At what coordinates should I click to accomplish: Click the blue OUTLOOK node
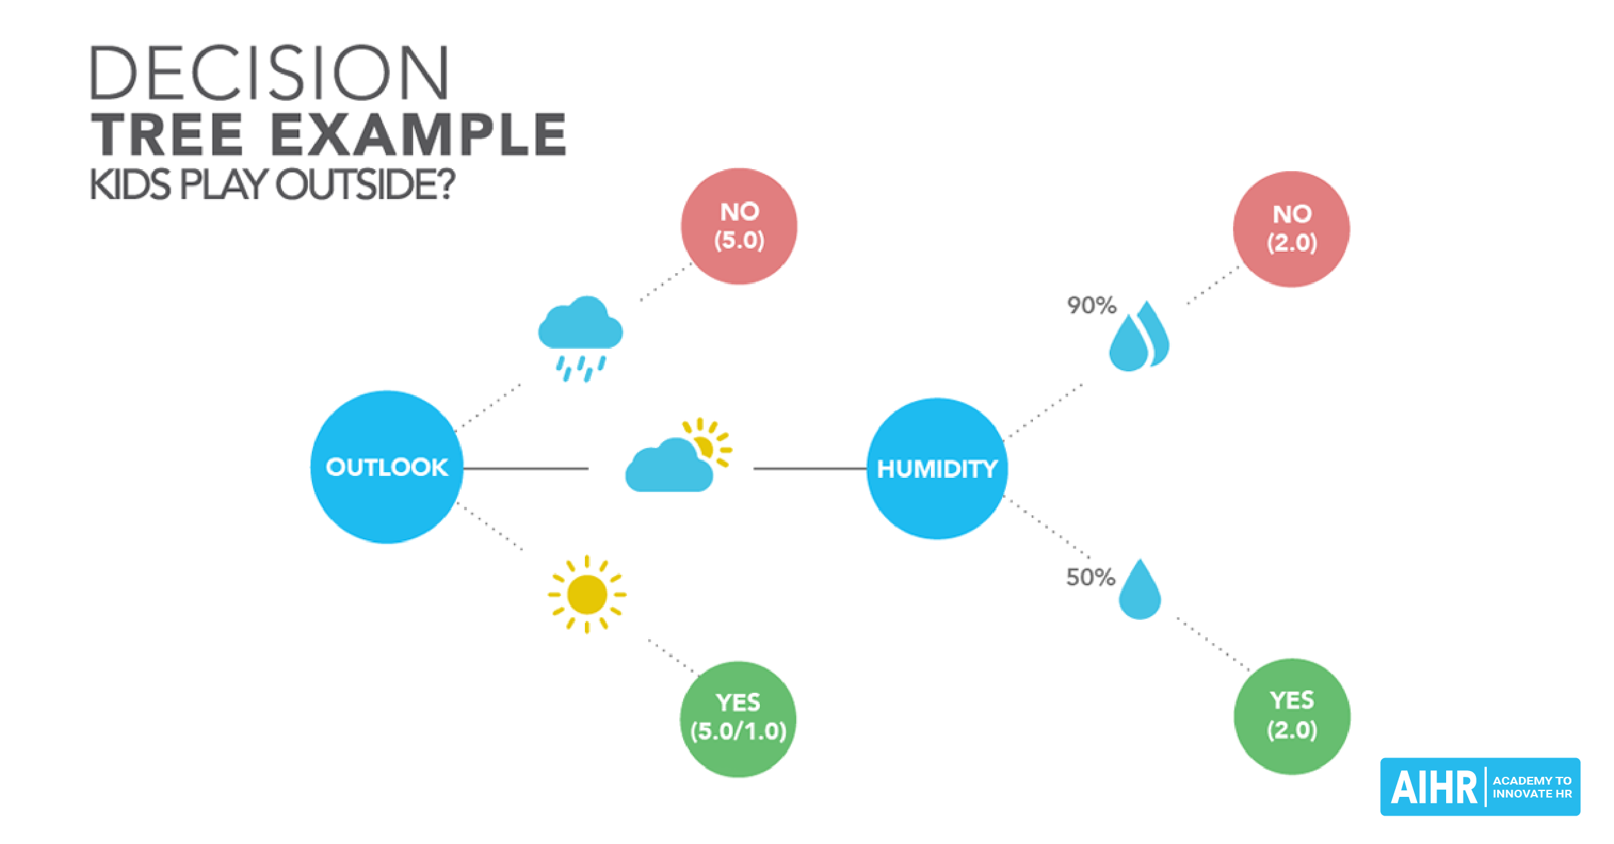click(x=387, y=467)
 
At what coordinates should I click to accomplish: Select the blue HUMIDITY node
click(x=937, y=469)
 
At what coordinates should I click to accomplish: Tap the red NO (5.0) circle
click(x=739, y=226)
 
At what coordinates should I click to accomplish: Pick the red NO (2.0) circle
click(x=1291, y=229)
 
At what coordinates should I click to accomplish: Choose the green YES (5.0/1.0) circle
click(x=738, y=719)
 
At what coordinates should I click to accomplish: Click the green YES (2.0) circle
click(x=1292, y=716)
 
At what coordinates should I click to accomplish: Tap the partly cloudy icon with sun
click(x=679, y=455)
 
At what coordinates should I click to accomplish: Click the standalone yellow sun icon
click(x=587, y=594)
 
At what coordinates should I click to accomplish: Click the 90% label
click(x=1091, y=305)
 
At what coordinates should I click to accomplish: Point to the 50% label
click(x=1090, y=577)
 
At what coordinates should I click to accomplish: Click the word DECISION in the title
click(x=269, y=72)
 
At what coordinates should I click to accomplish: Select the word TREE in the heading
click(x=167, y=134)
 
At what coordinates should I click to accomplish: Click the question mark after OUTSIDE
click(x=444, y=184)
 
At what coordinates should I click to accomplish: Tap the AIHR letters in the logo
click(x=1434, y=787)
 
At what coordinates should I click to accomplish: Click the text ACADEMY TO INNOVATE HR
click(x=1532, y=787)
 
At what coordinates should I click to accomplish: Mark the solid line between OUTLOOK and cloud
click(x=526, y=468)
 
